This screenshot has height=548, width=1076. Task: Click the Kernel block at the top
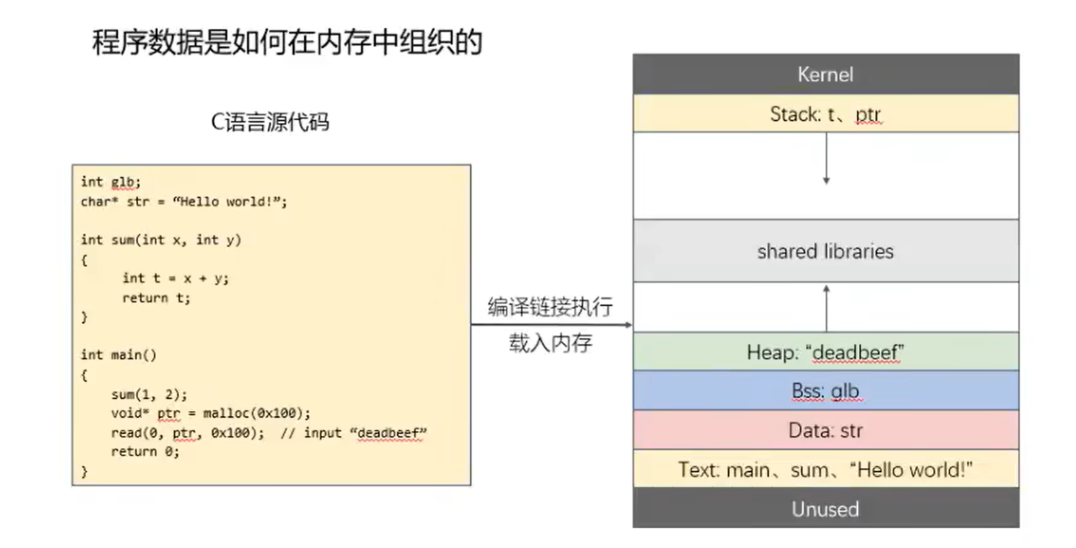(826, 74)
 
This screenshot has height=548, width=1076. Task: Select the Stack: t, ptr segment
(826, 113)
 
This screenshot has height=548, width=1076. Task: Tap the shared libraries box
(826, 251)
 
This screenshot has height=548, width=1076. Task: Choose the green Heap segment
(826, 351)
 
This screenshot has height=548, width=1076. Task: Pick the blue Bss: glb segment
(826, 391)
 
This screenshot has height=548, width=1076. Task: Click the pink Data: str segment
(826, 430)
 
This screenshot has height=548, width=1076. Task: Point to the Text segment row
(826, 469)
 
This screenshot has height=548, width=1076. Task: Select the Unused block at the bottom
(826, 508)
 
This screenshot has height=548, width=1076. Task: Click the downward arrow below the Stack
(826, 158)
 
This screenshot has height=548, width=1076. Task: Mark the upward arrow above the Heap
(826, 308)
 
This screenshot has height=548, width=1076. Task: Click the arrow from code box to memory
(552, 324)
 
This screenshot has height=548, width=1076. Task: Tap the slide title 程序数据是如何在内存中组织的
(287, 42)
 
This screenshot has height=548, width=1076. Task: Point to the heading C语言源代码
(270, 122)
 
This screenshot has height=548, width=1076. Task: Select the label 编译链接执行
(550, 307)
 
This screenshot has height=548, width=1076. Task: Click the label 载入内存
(551, 343)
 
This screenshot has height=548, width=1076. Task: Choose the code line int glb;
(111, 182)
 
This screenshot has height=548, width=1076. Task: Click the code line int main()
(118, 355)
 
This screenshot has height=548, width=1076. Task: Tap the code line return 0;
(145, 451)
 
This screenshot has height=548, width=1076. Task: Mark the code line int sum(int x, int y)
(161, 240)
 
